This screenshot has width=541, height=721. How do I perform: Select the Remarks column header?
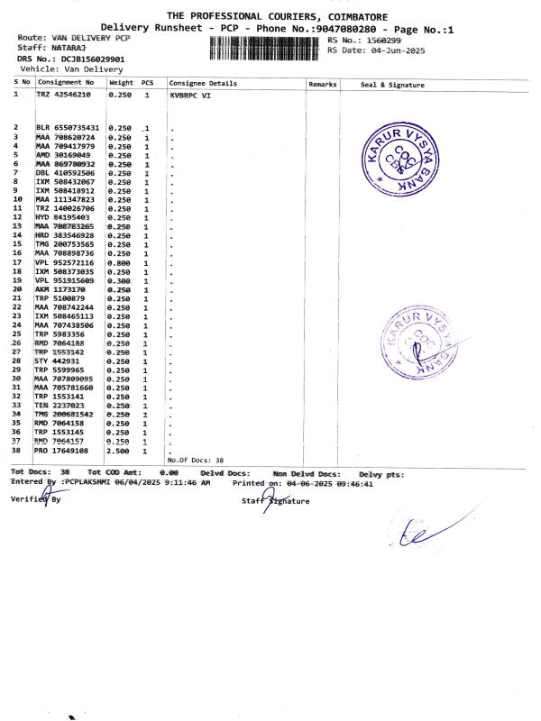pyautogui.click(x=322, y=83)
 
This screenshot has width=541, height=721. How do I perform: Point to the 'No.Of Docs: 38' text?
pyautogui.click(x=196, y=460)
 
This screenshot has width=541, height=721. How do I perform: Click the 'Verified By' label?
pyautogui.click(x=36, y=498)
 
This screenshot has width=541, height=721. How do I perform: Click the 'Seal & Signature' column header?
pyautogui.click(x=391, y=83)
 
